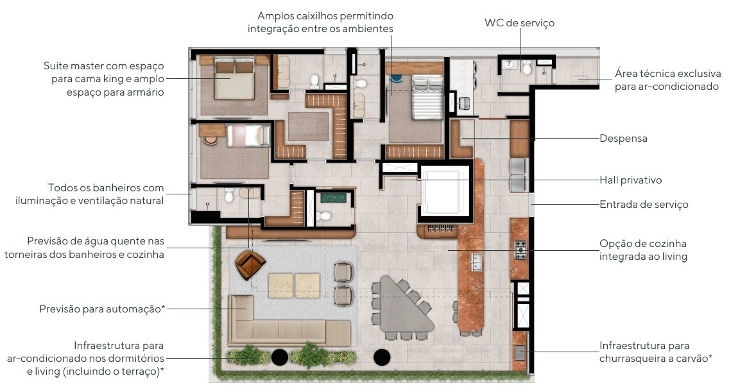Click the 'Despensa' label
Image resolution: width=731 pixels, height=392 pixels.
click(x=623, y=139)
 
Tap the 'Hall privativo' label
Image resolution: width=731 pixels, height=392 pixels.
click(x=631, y=180)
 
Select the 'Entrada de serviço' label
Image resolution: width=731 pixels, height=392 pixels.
click(x=644, y=205)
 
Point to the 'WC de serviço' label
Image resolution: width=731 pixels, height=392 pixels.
click(x=519, y=23)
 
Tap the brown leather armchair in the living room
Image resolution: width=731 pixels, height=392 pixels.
click(x=250, y=264)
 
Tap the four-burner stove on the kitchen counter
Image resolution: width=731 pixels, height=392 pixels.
click(x=520, y=250)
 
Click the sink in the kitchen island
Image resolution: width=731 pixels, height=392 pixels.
click(x=476, y=262)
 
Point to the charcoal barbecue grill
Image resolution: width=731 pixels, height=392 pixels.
click(x=519, y=353)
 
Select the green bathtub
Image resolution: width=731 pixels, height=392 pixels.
click(x=333, y=197)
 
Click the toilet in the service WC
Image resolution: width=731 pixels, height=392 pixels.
click(x=527, y=68)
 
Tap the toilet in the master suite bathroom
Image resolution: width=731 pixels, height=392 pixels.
click(x=314, y=81)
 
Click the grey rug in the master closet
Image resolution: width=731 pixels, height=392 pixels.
click(x=308, y=126)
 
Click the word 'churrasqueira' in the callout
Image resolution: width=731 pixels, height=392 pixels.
click(x=629, y=359)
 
